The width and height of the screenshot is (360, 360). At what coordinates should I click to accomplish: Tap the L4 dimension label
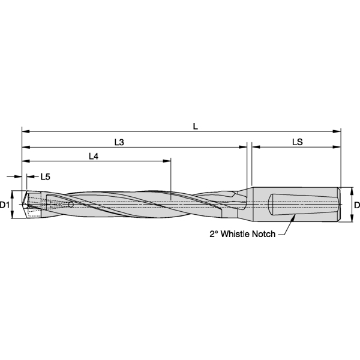pyautogui.click(x=94, y=157)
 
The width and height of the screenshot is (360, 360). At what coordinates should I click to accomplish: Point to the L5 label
pyautogui.click(x=46, y=177)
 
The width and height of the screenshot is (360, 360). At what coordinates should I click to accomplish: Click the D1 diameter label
pyautogui.click(x=4, y=205)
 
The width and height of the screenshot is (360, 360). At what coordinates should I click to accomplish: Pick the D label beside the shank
pyautogui.click(x=356, y=205)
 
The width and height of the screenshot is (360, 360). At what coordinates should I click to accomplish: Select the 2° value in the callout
pyautogui.click(x=214, y=235)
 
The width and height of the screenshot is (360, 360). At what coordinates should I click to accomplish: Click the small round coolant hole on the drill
pyautogui.click(x=71, y=205)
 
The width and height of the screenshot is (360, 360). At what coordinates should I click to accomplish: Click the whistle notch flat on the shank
pyautogui.click(x=300, y=205)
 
